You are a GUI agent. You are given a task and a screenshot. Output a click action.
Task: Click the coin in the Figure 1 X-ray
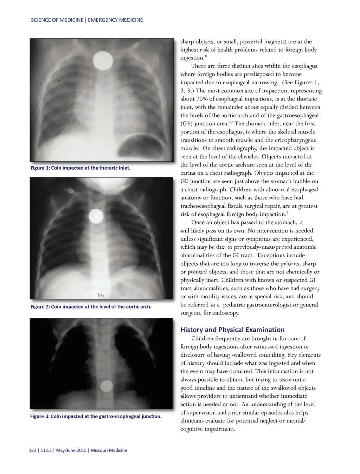tap(103, 60)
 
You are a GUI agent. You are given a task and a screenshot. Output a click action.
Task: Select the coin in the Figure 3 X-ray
tap(107, 387)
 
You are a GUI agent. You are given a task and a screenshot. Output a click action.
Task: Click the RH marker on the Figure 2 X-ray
tap(101, 295)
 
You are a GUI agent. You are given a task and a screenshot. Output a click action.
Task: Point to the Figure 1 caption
tap(80, 168)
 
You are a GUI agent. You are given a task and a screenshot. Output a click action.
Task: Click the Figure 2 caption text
tap(91, 307)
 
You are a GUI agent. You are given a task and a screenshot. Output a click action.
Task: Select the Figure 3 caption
tap(96, 416)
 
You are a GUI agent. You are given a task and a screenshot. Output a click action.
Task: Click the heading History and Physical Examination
tap(232, 330)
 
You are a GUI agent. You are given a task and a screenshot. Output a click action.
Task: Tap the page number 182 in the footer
tap(32, 450)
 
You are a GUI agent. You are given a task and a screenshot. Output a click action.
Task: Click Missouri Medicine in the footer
tap(109, 450)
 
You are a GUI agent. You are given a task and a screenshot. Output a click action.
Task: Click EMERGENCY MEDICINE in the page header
tap(115, 20)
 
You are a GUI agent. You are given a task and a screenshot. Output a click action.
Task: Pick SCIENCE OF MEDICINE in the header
tap(57, 20)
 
